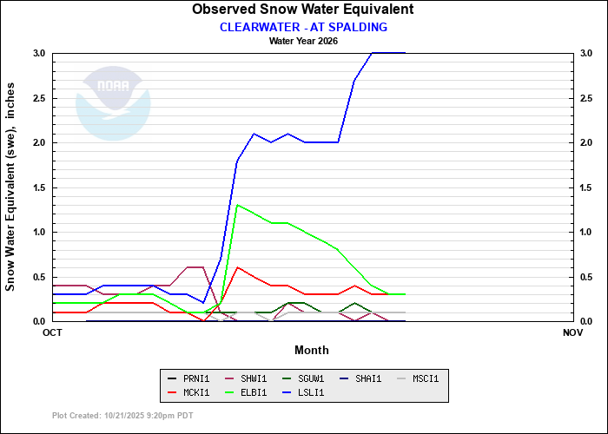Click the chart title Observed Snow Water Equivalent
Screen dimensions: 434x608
303,10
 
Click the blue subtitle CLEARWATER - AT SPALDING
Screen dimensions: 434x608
303,27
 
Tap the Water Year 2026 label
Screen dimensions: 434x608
303,41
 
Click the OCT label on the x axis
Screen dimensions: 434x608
52,332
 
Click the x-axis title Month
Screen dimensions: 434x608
311,350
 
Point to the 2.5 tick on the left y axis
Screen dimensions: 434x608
38,98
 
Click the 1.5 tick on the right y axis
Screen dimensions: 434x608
587,187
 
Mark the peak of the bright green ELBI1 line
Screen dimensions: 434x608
237,205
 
